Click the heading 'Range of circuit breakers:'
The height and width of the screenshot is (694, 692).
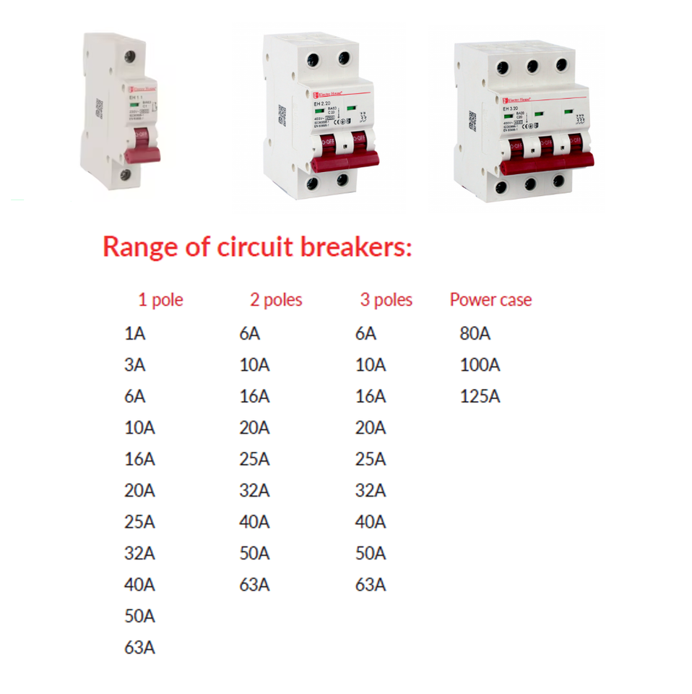257,247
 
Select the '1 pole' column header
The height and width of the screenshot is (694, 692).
160,300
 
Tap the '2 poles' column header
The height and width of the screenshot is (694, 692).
276,300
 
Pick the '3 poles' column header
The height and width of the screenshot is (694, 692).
386,300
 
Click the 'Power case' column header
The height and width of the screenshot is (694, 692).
490,300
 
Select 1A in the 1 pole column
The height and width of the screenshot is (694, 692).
134,334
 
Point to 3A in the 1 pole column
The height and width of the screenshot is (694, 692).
134,365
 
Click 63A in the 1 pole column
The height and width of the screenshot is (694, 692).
139,648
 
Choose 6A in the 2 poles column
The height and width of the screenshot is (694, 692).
249,334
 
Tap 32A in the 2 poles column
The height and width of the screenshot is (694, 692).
254,491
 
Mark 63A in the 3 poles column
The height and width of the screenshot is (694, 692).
371,585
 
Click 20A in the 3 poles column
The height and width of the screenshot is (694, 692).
371,428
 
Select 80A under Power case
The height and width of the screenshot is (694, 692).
475,334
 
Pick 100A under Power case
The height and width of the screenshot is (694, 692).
480,365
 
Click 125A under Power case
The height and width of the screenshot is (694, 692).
480,397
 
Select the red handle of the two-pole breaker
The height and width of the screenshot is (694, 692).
345,152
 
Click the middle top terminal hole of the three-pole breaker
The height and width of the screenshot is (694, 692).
533,67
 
